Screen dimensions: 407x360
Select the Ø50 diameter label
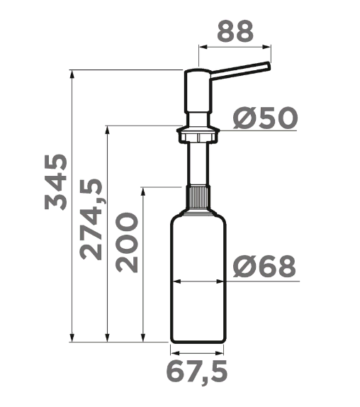click(x=264, y=118)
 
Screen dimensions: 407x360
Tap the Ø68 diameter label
click(x=264, y=267)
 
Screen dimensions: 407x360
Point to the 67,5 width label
click(x=198, y=370)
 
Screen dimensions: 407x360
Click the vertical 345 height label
click(x=55, y=180)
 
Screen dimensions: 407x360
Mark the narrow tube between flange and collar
click(x=198, y=163)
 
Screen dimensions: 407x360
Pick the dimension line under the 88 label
click(x=235, y=47)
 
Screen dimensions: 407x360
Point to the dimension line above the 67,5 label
click(x=198, y=352)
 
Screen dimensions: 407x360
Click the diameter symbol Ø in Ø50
click(x=242, y=118)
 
